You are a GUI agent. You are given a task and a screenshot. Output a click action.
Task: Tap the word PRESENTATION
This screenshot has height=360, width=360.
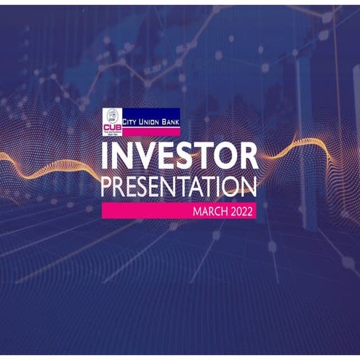[180, 186]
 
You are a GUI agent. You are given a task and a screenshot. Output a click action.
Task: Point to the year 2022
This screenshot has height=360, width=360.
[241, 212]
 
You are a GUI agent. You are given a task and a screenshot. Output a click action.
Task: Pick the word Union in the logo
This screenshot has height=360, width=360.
[153, 113]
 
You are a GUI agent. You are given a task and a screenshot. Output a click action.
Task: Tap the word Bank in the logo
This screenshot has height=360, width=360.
[172, 113]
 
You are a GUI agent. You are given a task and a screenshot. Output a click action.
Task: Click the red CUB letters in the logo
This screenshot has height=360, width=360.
[112, 125]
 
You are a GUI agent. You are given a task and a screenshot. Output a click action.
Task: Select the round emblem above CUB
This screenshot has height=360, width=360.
[112, 115]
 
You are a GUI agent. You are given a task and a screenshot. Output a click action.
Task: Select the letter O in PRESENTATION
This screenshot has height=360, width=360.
[230, 186]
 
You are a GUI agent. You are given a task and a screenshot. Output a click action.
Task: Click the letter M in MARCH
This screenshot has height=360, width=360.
[196, 212]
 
